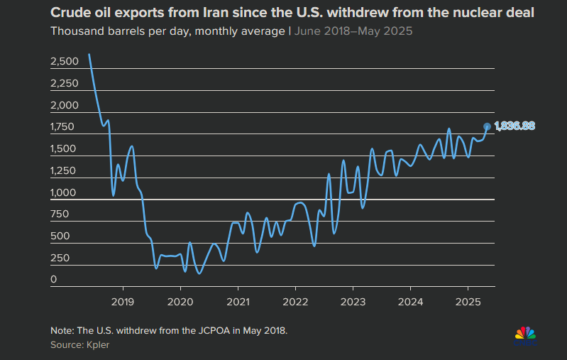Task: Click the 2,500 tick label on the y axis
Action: coord(65,62)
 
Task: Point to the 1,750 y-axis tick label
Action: coord(65,128)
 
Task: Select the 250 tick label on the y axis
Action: coord(61,258)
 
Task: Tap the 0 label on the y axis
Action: coord(53,280)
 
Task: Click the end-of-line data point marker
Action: coord(487,126)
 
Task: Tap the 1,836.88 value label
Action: coord(514,126)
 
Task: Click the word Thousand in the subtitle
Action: coord(76,32)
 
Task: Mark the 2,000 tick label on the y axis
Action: coord(65,106)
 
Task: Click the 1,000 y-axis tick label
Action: coord(65,193)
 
